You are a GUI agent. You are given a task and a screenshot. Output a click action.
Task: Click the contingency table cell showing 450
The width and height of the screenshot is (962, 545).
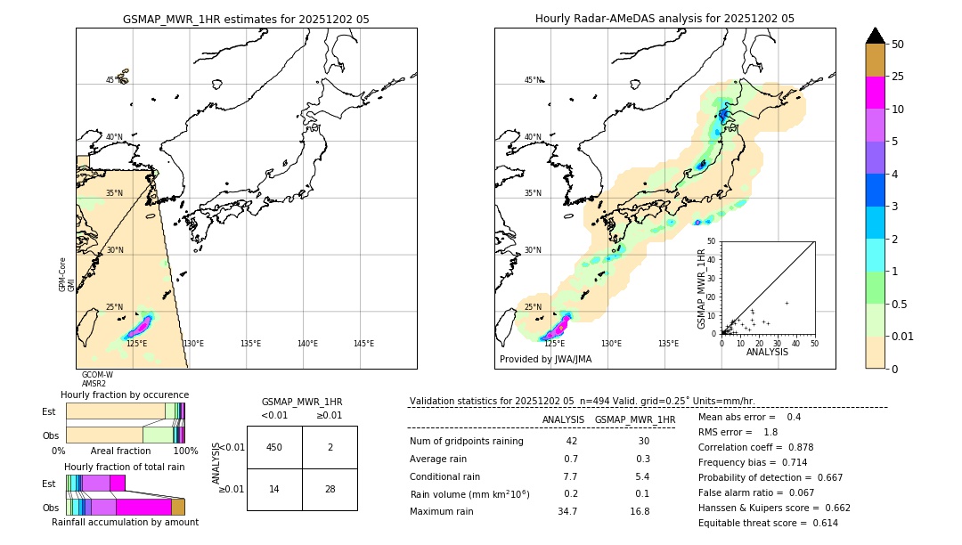(x=274, y=447)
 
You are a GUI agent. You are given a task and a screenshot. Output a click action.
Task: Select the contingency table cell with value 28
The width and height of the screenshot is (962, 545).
(x=330, y=489)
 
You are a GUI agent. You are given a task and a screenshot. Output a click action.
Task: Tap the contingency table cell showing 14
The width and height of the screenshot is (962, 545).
(x=274, y=489)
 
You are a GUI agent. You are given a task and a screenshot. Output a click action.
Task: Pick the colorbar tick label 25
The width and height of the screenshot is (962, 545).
(x=898, y=77)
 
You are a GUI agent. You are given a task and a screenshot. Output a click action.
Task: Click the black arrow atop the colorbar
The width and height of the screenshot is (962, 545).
(x=875, y=36)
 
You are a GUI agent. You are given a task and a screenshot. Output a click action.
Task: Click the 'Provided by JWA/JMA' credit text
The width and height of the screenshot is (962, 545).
(x=545, y=359)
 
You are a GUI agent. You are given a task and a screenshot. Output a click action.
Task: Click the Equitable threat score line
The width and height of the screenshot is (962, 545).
(x=768, y=523)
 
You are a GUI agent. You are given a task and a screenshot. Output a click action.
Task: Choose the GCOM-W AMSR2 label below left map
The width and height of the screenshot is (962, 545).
(x=97, y=379)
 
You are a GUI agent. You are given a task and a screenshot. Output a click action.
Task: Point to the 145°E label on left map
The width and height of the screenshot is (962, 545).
(x=363, y=344)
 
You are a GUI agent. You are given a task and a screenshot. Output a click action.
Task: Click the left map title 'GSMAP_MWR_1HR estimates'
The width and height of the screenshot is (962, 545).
(x=246, y=19)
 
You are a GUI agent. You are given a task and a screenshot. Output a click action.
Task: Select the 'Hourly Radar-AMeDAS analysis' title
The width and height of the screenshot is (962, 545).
(x=664, y=19)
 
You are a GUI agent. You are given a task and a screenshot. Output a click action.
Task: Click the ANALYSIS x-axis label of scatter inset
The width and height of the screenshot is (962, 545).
(x=767, y=352)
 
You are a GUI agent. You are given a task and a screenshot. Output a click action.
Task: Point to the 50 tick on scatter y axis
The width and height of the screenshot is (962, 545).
(x=712, y=241)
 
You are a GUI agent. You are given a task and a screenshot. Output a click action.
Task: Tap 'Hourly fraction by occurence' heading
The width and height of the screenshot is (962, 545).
(x=125, y=395)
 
